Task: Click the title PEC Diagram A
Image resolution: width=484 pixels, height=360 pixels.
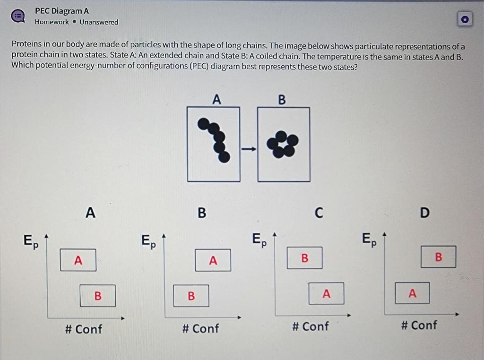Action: pyautogui.click(x=61, y=11)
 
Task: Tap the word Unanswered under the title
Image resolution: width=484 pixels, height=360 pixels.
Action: pyautogui.click(x=99, y=22)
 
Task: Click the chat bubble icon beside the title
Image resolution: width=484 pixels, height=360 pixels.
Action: pyautogui.click(x=18, y=16)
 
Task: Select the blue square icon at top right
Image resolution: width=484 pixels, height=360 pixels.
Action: pyautogui.click(x=465, y=19)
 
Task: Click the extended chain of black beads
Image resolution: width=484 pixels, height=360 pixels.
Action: pyautogui.click(x=216, y=139)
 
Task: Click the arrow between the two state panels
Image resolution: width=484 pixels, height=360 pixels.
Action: pyautogui.click(x=248, y=149)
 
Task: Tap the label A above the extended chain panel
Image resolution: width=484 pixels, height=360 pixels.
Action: pyautogui.click(x=216, y=100)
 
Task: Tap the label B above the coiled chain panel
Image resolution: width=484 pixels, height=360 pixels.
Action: pyautogui.click(x=282, y=100)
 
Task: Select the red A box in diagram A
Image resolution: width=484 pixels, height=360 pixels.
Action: pyautogui.click(x=78, y=260)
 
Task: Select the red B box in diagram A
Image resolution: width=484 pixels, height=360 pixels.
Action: pyautogui.click(x=97, y=296)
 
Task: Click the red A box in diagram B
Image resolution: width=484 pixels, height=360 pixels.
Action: pyautogui.click(x=213, y=260)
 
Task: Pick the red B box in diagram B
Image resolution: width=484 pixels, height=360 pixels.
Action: pyautogui.click(x=191, y=296)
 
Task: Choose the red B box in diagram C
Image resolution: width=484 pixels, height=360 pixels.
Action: pyautogui.click(x=304, y=258)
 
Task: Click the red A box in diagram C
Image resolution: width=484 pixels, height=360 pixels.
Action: pyautogui.click(x=326, y=293)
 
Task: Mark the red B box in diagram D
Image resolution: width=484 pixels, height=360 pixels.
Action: pyautogui.click(x=438, y=257)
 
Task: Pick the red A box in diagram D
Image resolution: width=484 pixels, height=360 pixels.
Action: pyautogui.click(x=412, y=293)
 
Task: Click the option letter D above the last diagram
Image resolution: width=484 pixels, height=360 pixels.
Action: pyautogui.click(x=424, y=213)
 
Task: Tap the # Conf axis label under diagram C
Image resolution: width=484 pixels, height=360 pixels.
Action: pyautogui.click(x=310, y=326)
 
